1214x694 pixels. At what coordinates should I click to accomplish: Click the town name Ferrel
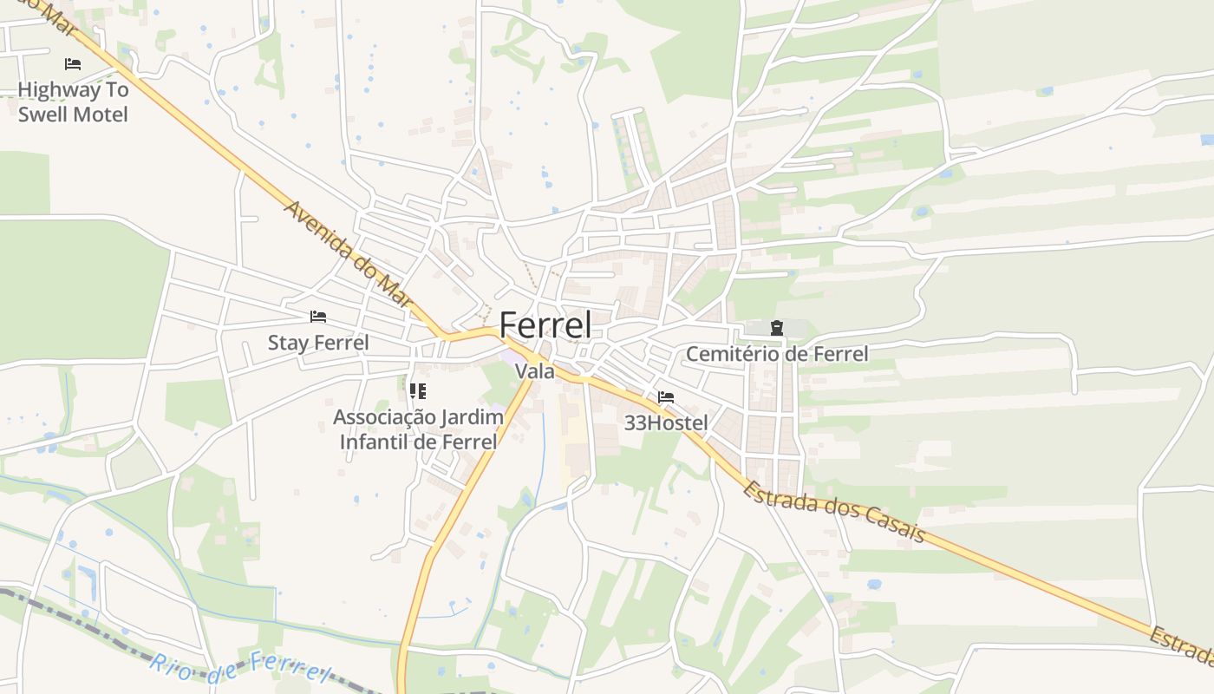coord(545,325)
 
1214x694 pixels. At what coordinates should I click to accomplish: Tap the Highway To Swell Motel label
coord(73,101)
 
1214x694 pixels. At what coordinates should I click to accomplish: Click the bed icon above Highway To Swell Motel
coord(73,64)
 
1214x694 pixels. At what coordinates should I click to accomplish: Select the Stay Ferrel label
coord(317,343)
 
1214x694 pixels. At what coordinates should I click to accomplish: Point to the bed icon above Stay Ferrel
coord(318,317)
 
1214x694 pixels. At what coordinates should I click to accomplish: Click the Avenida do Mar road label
coord(346,254)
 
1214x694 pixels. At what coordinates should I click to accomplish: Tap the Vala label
coord(534,371)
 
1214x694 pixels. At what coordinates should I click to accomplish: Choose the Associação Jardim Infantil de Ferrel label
coord(418,429)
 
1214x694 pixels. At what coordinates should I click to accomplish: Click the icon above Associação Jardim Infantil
coord(418,391)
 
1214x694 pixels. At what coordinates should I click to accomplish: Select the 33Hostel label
coord(666,423)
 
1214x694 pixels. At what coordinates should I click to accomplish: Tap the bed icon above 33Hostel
coord(666,397)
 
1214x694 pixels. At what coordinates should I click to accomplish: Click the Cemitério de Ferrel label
coord(776,354)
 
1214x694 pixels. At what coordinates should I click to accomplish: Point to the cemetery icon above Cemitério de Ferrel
coord(776,328)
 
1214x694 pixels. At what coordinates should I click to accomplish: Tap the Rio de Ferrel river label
coord(240,668)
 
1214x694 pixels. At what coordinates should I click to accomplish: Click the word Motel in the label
coord(100,115)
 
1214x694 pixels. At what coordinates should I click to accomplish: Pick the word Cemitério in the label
coord(730,354)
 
